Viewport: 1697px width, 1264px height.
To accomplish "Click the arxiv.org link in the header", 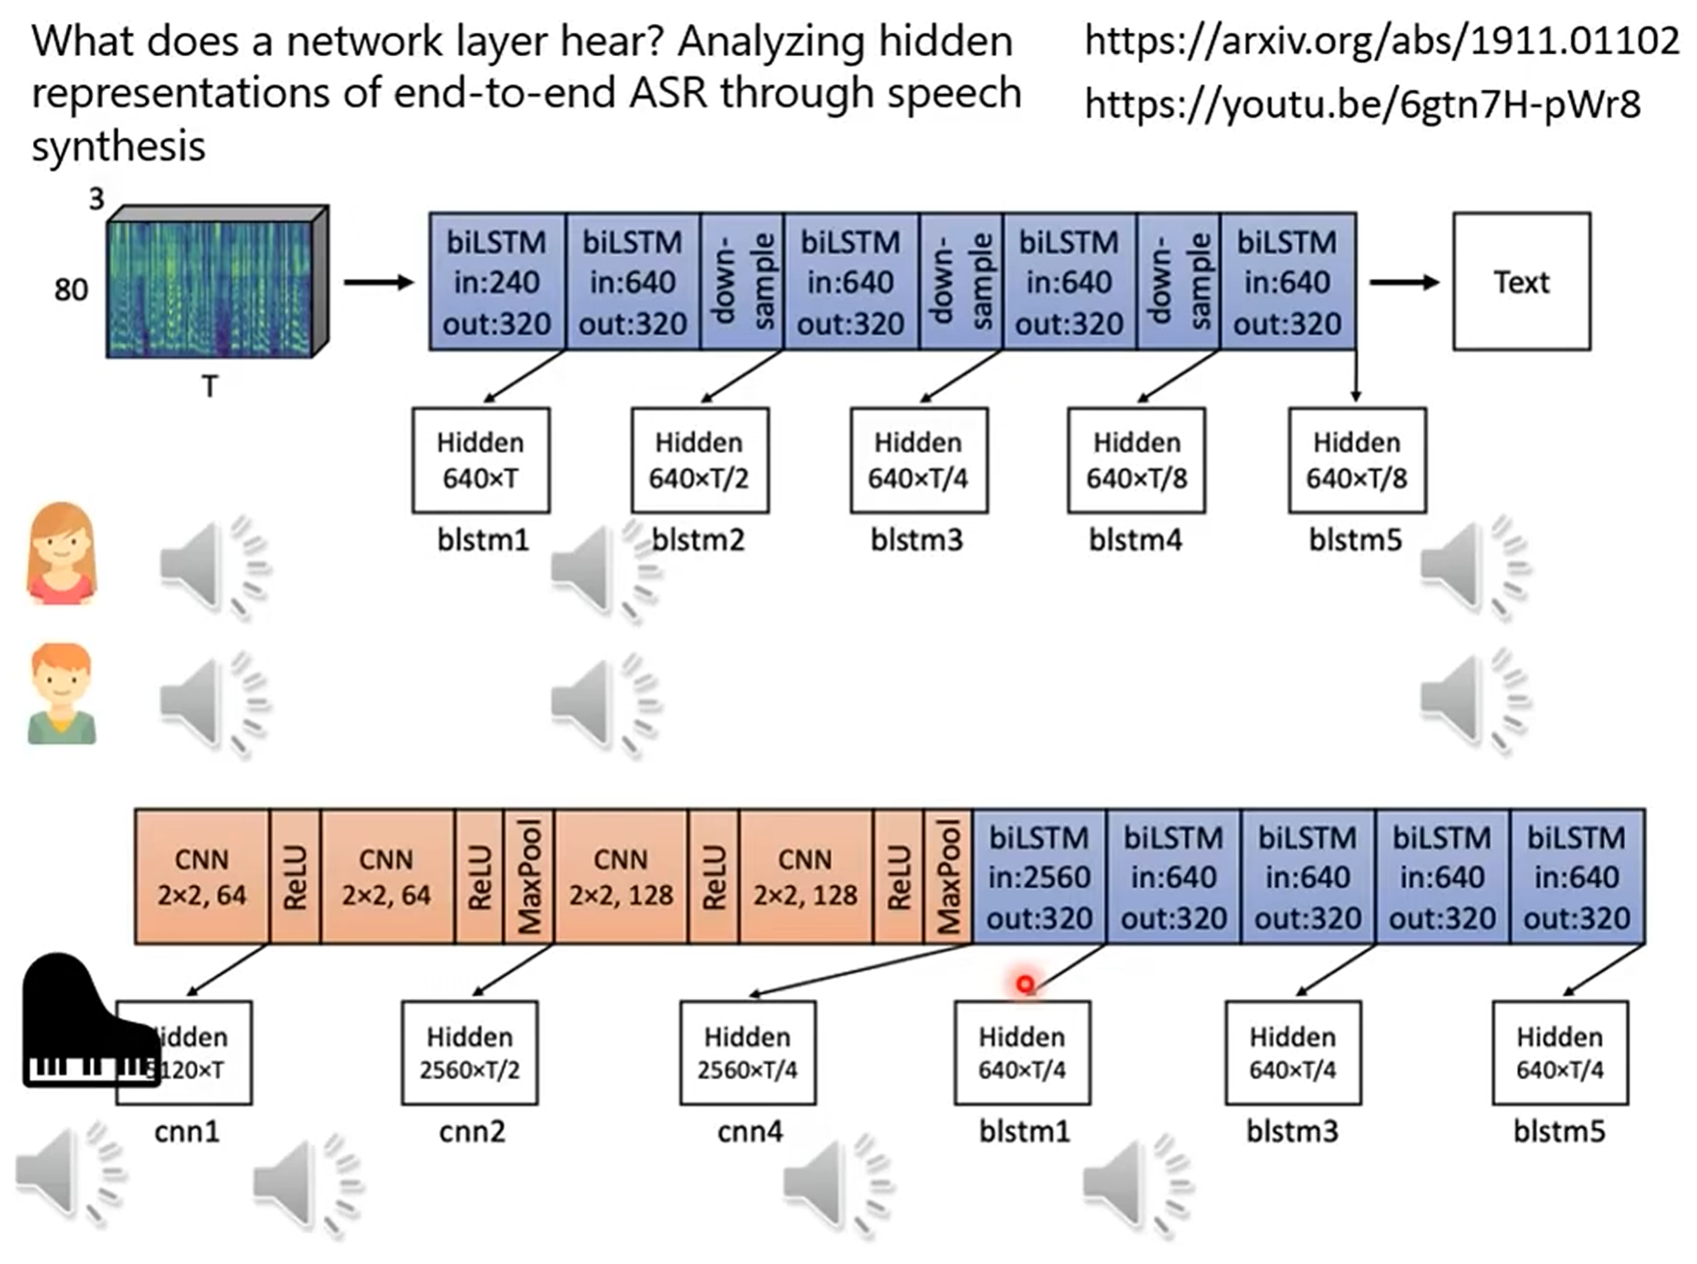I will coord(1381,40).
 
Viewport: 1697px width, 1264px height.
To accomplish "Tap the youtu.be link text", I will coord(1362,104).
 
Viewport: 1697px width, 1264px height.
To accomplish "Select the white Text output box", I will coord(1521,282).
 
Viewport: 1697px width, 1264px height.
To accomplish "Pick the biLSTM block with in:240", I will coord(497,282).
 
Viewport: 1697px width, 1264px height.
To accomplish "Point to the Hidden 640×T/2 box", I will coord(699,460).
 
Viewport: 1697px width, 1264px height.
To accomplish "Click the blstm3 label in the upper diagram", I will coord(916,540).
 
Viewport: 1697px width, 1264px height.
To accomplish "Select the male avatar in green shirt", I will coord(61,694).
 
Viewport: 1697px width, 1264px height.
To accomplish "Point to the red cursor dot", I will coord(1025,984).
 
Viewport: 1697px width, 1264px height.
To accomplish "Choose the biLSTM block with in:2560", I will coord(1038,877).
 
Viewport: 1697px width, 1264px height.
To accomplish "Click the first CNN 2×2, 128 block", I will coord(621,877).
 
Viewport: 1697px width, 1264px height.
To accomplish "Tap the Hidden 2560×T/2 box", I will coord(470,1053).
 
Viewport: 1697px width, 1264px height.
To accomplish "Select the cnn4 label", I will coord(749,1131).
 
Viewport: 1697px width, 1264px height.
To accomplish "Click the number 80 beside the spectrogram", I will coord(71,290).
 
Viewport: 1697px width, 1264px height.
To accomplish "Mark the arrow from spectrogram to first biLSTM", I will coord(378,283).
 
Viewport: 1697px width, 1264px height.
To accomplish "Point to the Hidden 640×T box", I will coord(480,460).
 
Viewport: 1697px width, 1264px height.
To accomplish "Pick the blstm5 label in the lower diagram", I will coord(1559,1131).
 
